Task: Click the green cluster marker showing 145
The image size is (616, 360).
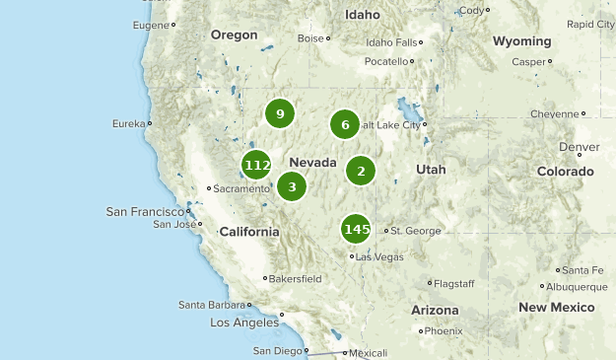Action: tap(356, 230)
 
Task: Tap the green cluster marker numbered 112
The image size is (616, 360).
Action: tap(257, 165)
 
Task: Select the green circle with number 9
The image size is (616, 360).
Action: tap(281, 114)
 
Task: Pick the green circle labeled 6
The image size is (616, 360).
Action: tap(345, 124)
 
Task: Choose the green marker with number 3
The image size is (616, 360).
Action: tap(292, 186)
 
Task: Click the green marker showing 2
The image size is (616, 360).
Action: tap(361, 171)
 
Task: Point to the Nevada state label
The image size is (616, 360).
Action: tap(313, 163)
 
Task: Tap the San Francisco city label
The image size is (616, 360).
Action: tap(146, 211)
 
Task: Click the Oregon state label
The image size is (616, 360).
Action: tap(234, 35)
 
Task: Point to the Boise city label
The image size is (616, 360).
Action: tap(310, 38)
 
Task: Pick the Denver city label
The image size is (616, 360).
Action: tap(579, 147)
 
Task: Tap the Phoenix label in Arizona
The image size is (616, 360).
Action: tap(444, 330)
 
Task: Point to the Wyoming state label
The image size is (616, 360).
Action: tap(521, 41)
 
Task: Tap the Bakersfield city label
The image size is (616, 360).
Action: tap(296, 278)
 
